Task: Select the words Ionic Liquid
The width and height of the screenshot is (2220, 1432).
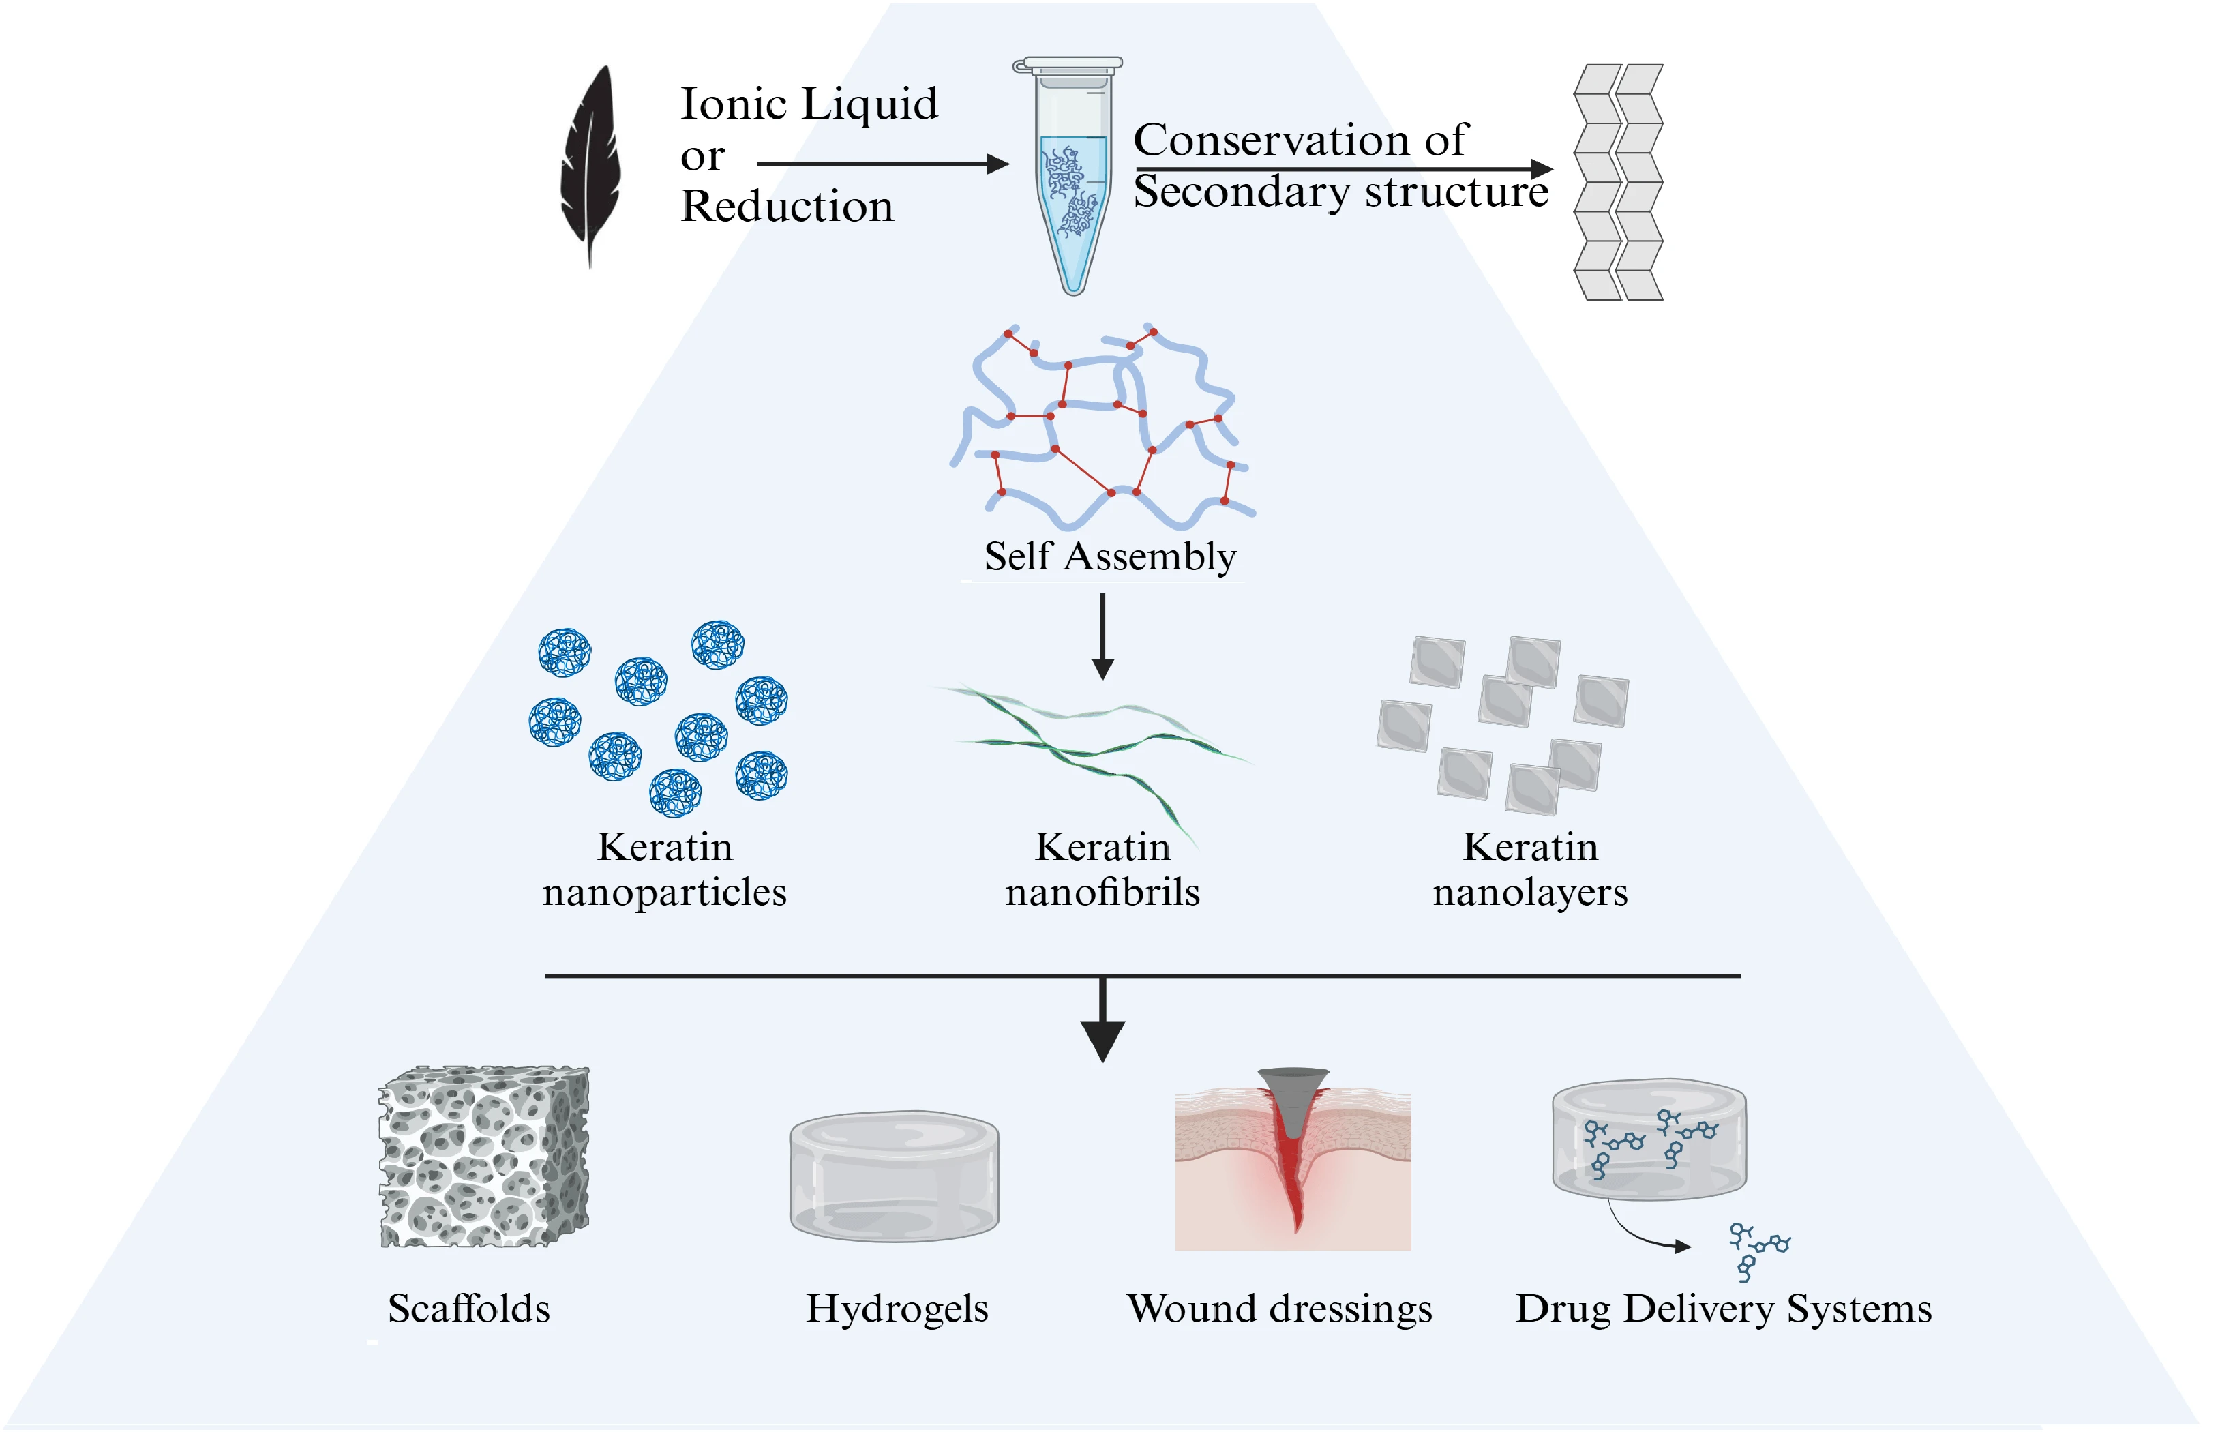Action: (809, 103)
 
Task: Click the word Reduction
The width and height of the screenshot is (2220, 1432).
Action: (787, 205)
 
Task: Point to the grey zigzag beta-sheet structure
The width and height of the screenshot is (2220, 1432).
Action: (1617, 182)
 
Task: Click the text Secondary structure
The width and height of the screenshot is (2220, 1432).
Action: (1340, 192)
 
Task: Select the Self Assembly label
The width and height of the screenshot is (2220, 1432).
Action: (1110, 556)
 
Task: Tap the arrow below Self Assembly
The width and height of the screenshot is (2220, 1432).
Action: (1102, 637)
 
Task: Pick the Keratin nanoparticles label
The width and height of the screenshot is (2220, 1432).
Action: (665, 869)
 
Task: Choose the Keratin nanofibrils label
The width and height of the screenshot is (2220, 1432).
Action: (1102, 869)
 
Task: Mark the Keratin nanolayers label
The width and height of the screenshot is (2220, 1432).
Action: (1530, 869)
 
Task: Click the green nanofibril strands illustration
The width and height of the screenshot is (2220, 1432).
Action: (1097, 744)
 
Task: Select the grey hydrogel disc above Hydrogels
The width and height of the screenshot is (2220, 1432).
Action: (895, 1176)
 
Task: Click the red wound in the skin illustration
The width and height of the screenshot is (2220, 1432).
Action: (1292, 1163)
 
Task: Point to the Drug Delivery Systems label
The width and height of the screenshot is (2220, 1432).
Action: (1723, 1309)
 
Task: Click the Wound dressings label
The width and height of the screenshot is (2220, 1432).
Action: (1279, 1309)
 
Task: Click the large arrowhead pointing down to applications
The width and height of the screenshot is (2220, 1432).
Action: (1102, 1040)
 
